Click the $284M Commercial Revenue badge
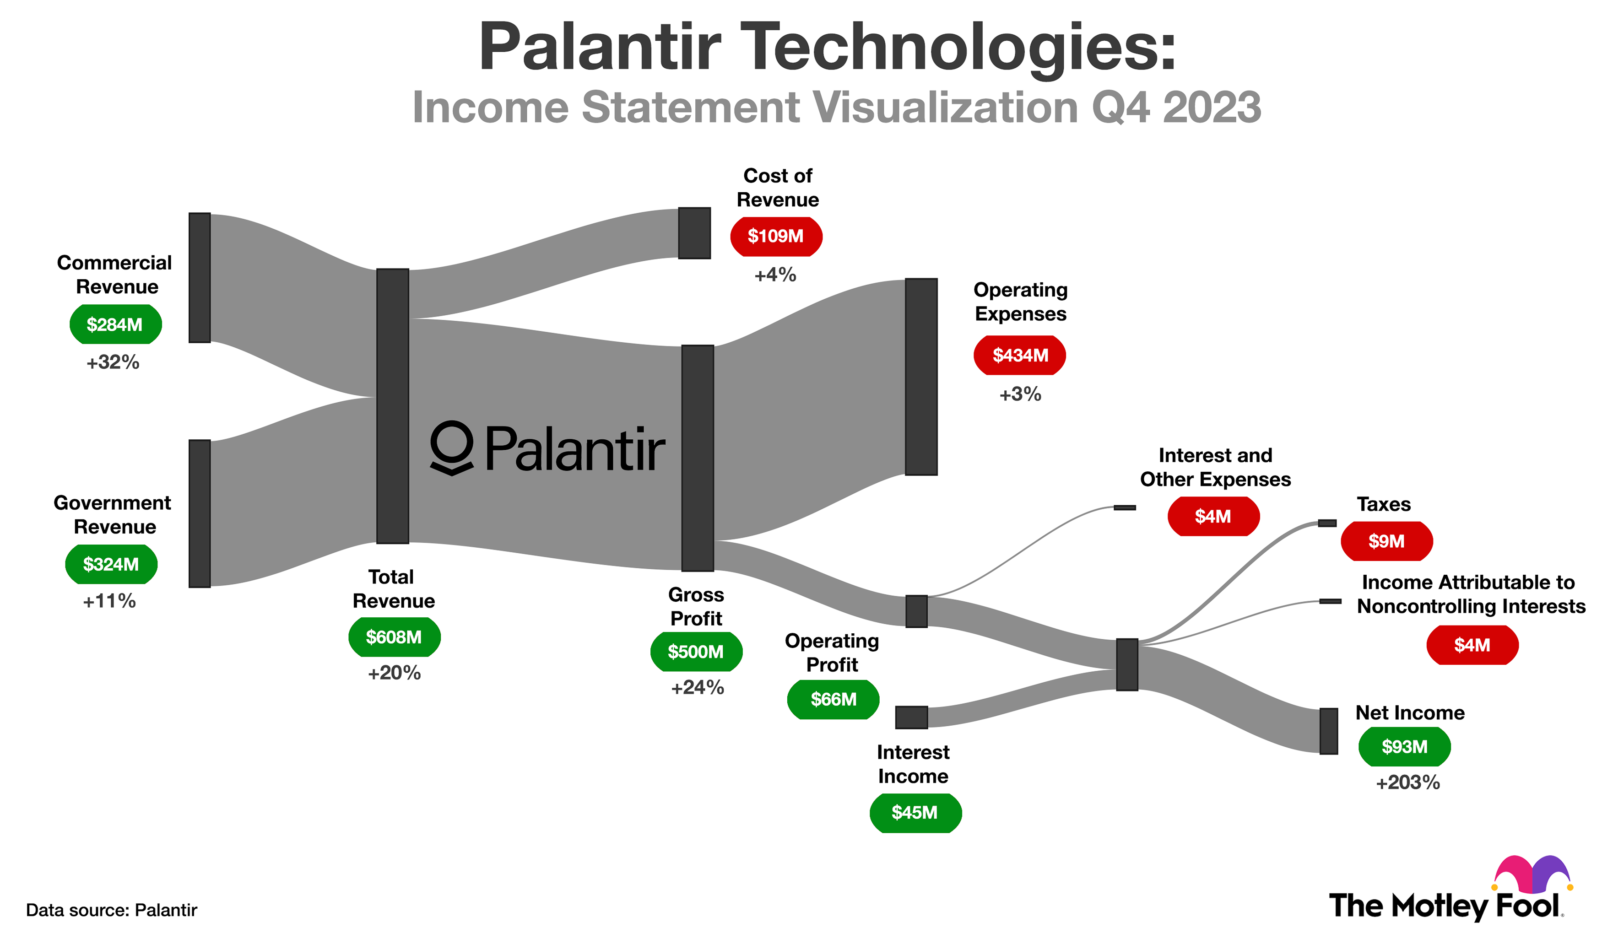tap(115, 324)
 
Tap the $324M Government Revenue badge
tap(111, 564)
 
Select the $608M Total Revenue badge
tap(394, 637)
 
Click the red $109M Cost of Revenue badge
tap(775, 237)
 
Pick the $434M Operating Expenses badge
tap(1019, 355)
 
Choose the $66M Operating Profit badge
tap(833, 699)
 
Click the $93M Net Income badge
tap(1404, 746)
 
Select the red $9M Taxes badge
tap(1386, 541)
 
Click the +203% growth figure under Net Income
tap(1407, 782)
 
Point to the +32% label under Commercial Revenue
tap(113, 362)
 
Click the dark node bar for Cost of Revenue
tap(694, 233)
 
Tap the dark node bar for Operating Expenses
tap(920, 377)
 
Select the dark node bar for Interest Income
tap(911, 717)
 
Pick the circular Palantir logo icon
tap(452, 447)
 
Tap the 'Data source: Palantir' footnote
tap(111, 910)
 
